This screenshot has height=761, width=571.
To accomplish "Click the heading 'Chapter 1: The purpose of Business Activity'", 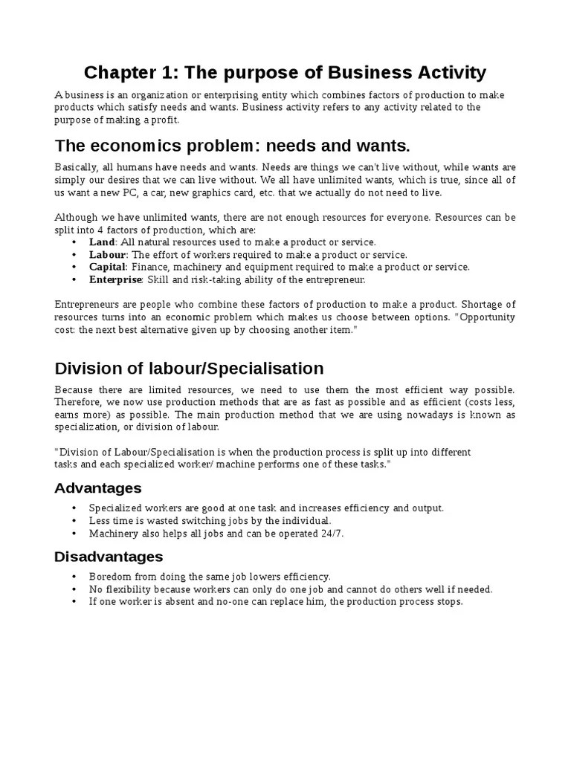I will [x=285, y=72].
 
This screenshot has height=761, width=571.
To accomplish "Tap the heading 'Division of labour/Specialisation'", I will [x=190, y=368].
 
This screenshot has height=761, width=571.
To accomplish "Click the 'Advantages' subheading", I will [x=98, y=488].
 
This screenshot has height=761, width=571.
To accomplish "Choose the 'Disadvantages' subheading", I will [x=109, y=557].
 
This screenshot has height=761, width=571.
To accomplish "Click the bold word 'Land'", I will [x=102, y=242].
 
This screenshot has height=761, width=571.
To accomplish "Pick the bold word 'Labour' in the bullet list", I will [x=107, y=254].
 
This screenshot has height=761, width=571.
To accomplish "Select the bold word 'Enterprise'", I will [x=115, y=279].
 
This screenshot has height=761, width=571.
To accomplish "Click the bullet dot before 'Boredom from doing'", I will [x=74, y=577].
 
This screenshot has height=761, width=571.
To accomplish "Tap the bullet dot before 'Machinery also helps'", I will [x=74, y=534].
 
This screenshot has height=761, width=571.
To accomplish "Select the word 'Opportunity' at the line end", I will [x=487, y=317].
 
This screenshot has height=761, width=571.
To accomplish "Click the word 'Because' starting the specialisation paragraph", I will [x=74, y=390].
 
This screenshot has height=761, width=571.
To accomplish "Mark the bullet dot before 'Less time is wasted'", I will [x=74, y=521].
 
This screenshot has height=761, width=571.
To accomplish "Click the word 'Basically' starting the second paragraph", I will [x=77, y=167].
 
